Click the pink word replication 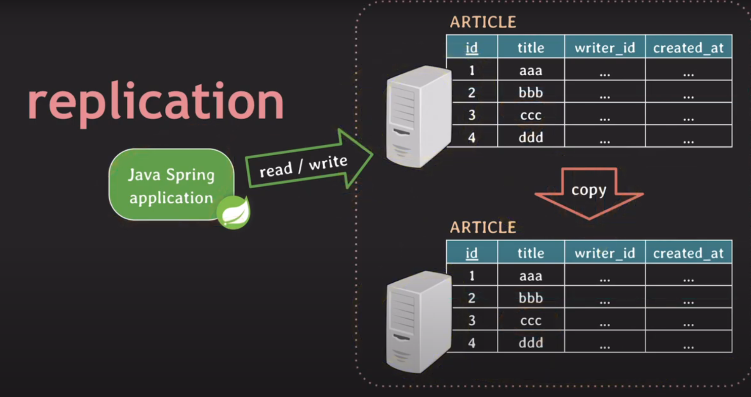(156, 102)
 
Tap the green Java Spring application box (171, 185)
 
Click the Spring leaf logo (234, 212)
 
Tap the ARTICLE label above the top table (483, 22)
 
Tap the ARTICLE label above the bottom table (483, 227)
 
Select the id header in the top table (471, 48)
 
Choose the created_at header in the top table (688, 48)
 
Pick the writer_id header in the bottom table (605, 253)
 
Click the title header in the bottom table (531, 253)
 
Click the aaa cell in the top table (531, 70)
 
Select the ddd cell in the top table (531, 137)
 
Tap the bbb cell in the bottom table (531, 298)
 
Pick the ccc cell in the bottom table (531, 320)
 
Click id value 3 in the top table (472, 115)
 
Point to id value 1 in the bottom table (472, 276)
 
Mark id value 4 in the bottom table (472, 342)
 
